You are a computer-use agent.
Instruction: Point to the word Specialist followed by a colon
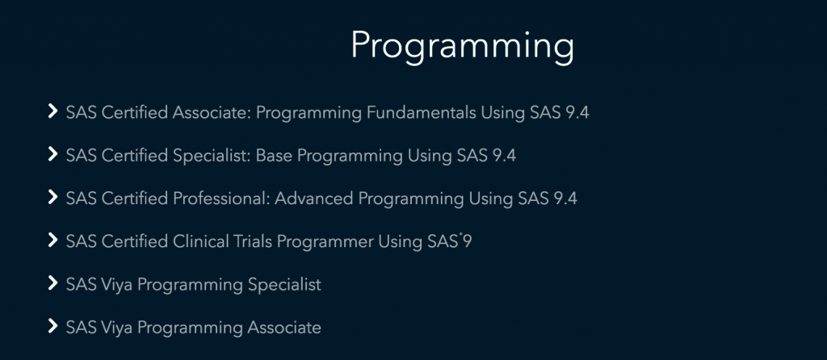[x=212, y=156]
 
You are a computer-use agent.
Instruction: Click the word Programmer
[x=325, y=242]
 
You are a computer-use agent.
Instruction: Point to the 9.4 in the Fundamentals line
[x=577, y=113]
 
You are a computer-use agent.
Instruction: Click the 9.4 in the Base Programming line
[x=504, y=156]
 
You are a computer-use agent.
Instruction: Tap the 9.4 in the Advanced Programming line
[x=565, y=199]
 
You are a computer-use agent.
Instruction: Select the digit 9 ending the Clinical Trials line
[x=467, y=242]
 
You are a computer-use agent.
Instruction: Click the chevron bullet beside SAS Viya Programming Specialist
[x=52, y=283]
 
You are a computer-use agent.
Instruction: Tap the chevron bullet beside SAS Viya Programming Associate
[x=52, y=327]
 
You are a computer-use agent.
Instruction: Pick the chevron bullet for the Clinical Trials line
[x=52, y=241]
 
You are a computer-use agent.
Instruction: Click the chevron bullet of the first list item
[x=52, y=111]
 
